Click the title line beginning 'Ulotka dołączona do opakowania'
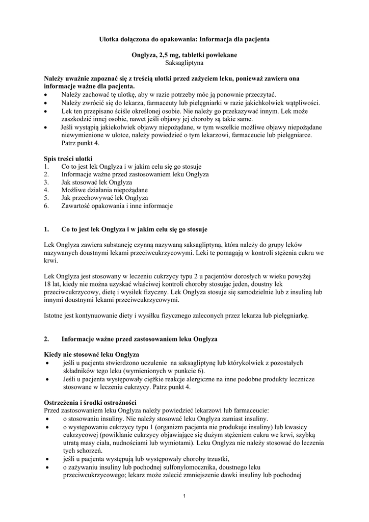(x=184, y=39)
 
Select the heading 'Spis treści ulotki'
(x=68, y=159)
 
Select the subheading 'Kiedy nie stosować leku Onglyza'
(x=92, y=354)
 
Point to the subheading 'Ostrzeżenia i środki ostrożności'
(x=90, y=402)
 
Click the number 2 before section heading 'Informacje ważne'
(x=46, y=338)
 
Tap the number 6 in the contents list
(x=46, y=206)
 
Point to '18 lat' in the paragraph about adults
(x=53, y=284)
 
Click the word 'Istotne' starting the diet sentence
(x=54, y=316)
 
